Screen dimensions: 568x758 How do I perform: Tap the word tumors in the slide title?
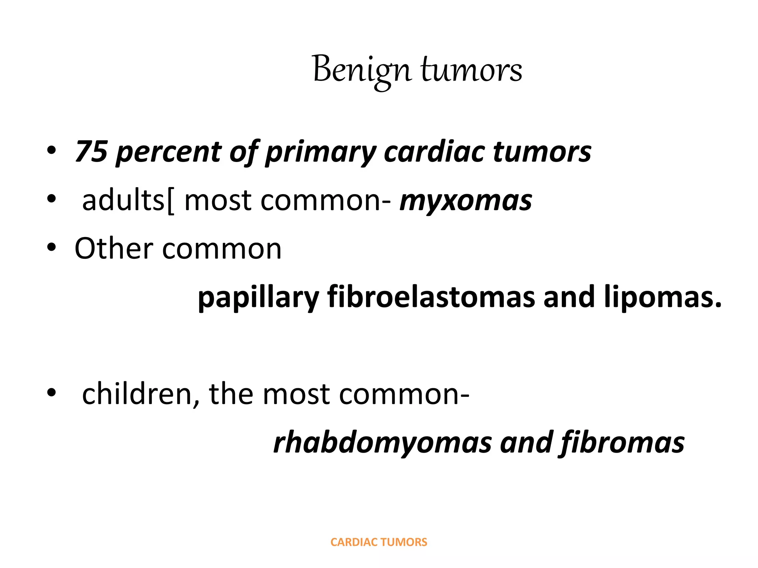pyautogui.click(x=472, y=70)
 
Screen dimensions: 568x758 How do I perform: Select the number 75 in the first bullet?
pyautogui.click(x=91, y=151)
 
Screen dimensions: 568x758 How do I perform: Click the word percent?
pyautogui.click(x=168, y=152)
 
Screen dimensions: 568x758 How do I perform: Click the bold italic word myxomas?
pyautogui.click(x=466, y=202)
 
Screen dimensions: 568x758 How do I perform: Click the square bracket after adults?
pyautogui.click(x=170, y=202)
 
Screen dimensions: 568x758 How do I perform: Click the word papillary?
pyautogui.click(x=258, y=298)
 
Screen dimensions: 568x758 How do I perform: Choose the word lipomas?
pyautogui.click(x=663, y=298)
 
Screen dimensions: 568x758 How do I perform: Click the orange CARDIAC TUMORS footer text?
pyautogui.click(x=379, y=542)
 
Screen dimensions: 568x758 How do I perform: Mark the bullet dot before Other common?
pyautogui.click(x=51, y=247)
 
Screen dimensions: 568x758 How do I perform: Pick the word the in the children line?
pyautogui.click(x=231, y=394)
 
